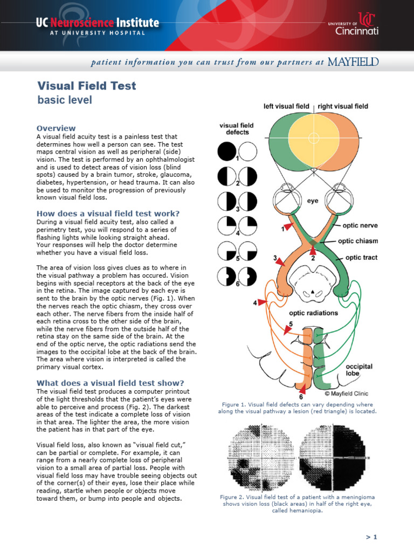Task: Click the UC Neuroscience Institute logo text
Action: click(x=98, y=23)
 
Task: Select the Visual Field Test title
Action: click(x=86, y=86)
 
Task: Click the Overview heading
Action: click(x=56, y=128)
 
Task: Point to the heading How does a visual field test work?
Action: click(x=108, y=213)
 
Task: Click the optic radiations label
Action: click(x=313, y=313)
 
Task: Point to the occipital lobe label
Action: click(x=358, y=371)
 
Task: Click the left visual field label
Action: click(x=286, y=106)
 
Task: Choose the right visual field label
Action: click(x=343, y=106)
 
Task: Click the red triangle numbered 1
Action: click(x=289, y=228)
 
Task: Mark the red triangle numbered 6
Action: click(x=302, y=389)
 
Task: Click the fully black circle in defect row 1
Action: click(x=226, y=151)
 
